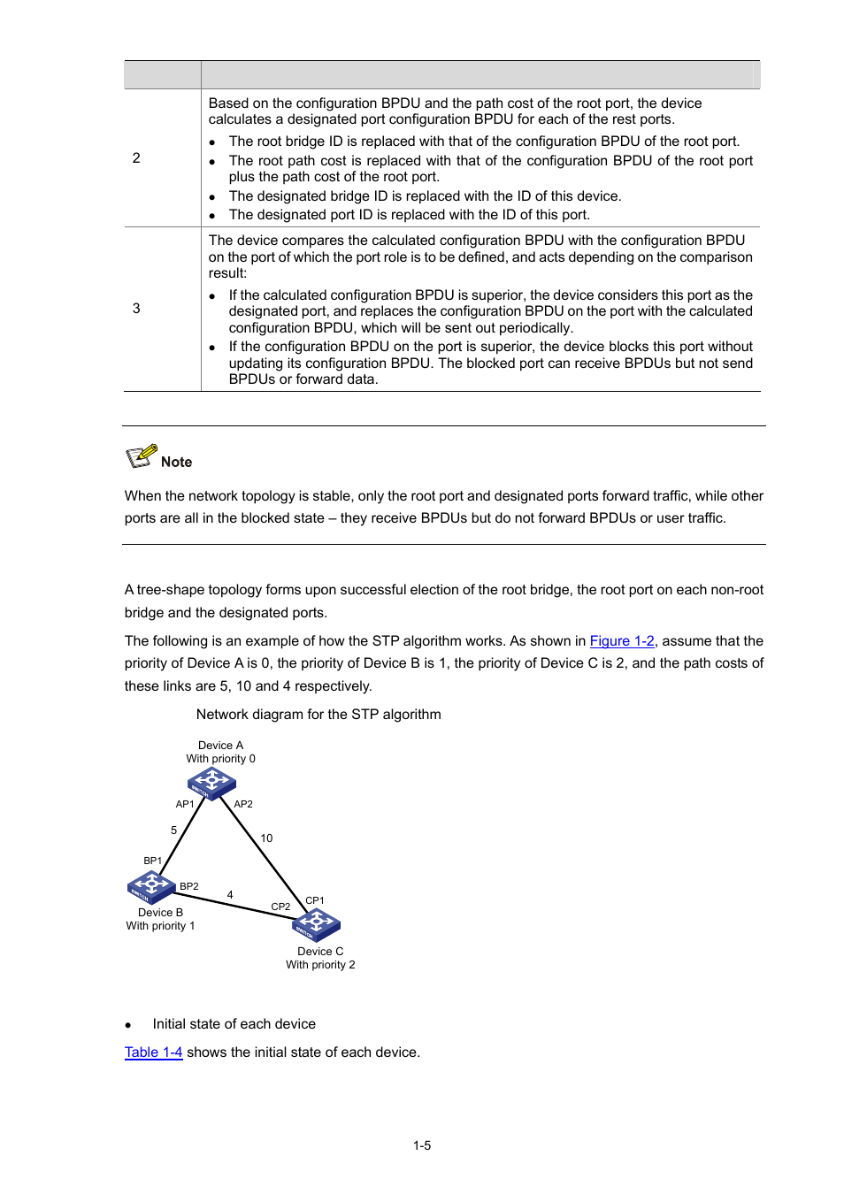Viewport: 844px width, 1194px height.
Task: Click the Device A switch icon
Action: [211, 783]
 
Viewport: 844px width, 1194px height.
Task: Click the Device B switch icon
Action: [151, 886]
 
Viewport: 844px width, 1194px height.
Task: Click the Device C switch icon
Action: [316, 924]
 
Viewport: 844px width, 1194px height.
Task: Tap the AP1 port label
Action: [185, 804]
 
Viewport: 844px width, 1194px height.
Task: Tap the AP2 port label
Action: [243, 804]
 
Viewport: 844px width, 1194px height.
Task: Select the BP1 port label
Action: [153, 861]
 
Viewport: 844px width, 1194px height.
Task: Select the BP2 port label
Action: [189, 886]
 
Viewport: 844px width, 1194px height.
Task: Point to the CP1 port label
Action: [315, 900]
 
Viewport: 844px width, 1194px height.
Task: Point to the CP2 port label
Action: [280, 907]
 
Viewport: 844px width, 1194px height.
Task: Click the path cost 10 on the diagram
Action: [266, 838]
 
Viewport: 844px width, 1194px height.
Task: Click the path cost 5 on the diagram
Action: [173, 830]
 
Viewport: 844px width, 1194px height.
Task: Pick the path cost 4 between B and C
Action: [230, 895]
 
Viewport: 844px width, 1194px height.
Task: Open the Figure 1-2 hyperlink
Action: [622, 641]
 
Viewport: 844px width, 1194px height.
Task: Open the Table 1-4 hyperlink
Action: [153, 1052]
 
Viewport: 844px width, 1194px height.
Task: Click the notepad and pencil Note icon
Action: [142, 456]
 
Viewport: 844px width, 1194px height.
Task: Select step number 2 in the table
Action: [136, 158]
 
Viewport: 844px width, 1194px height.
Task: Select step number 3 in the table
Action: [136, 309]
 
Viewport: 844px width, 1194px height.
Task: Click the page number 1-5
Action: [422, 1145]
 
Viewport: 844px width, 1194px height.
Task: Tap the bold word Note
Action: [177, 462]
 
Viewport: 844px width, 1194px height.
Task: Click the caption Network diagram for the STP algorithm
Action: [318, 715]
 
